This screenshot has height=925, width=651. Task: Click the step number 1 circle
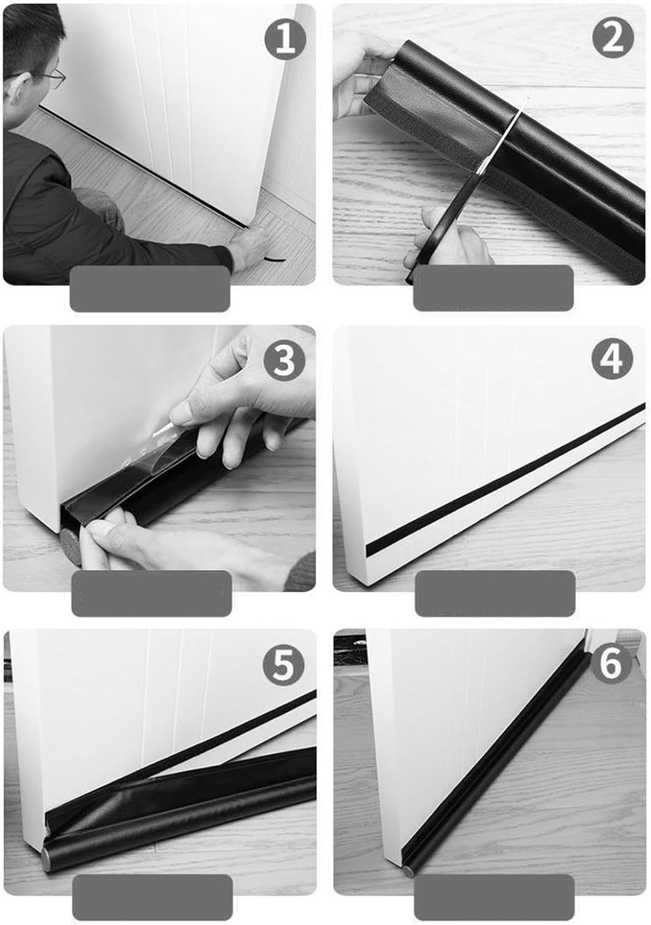[285, 39]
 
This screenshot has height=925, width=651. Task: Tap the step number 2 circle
[613, 39]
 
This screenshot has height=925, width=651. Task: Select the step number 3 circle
[284, 361]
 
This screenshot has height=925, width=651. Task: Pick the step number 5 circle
[283, 666]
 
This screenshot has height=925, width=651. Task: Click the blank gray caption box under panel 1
[149, 289]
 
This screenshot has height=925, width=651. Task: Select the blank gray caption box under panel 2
[493, 288]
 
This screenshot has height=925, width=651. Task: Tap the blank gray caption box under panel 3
[151, 593]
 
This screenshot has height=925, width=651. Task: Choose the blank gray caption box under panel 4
[495, 593]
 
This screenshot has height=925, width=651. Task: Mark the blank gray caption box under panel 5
[152, 897]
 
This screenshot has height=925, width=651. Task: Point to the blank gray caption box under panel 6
[494, 897]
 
